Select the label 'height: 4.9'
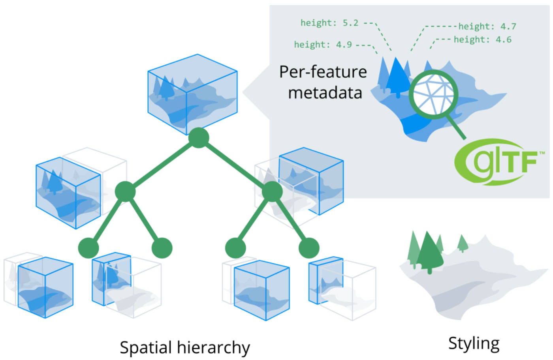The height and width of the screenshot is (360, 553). [323, 45]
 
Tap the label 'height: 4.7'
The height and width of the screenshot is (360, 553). [487, 26]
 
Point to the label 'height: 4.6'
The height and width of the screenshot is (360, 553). [482, 39]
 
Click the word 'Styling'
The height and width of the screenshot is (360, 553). [474, 343]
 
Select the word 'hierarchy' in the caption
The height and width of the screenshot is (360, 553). [213, 348]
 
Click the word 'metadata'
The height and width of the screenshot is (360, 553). [325, 93]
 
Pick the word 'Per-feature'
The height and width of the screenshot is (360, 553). [323, 72]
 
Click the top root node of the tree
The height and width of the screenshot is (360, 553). [198, 138]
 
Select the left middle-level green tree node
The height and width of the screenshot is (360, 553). [125, 191]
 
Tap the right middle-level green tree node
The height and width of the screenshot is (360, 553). [272, 191]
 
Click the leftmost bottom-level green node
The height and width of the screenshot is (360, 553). [88, 248]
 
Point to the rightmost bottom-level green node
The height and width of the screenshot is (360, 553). [308, 248]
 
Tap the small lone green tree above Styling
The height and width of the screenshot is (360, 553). [463, 243]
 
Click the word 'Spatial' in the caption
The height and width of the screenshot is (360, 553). [146, 348]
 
